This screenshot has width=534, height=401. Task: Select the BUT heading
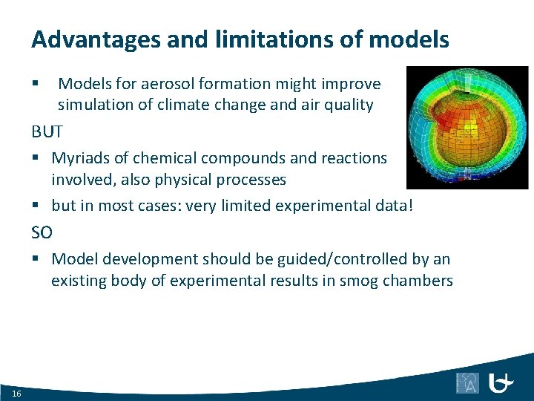pos(47,132)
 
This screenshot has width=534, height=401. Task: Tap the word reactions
pos(354,158)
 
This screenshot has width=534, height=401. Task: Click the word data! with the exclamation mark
pos(403,206)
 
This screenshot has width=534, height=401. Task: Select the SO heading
pos(42,232)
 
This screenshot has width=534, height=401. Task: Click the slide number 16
pos(17,393)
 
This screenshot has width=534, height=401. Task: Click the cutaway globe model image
pos(467,127)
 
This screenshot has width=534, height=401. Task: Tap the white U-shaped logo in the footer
pos(501,382)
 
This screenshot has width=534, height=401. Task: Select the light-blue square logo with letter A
pos(467,382)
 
